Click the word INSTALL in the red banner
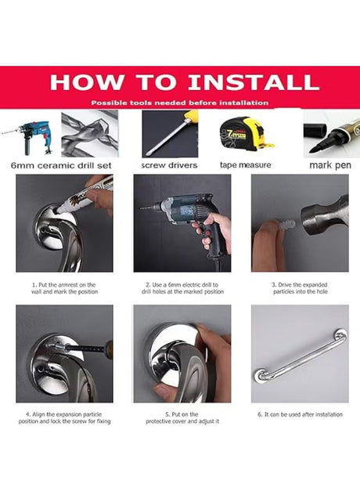254,82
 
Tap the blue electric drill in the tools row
29,137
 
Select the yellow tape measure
247,134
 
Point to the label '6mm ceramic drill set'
61,165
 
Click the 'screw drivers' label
169,165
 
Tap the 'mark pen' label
330,165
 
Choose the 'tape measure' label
246,164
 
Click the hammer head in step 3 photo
324,215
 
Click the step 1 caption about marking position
64,288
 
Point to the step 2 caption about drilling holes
182,288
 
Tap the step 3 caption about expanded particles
300,288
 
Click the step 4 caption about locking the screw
64,417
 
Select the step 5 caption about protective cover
182,417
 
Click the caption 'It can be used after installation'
300,414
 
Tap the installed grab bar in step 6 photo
301,356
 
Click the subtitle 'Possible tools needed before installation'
180,103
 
